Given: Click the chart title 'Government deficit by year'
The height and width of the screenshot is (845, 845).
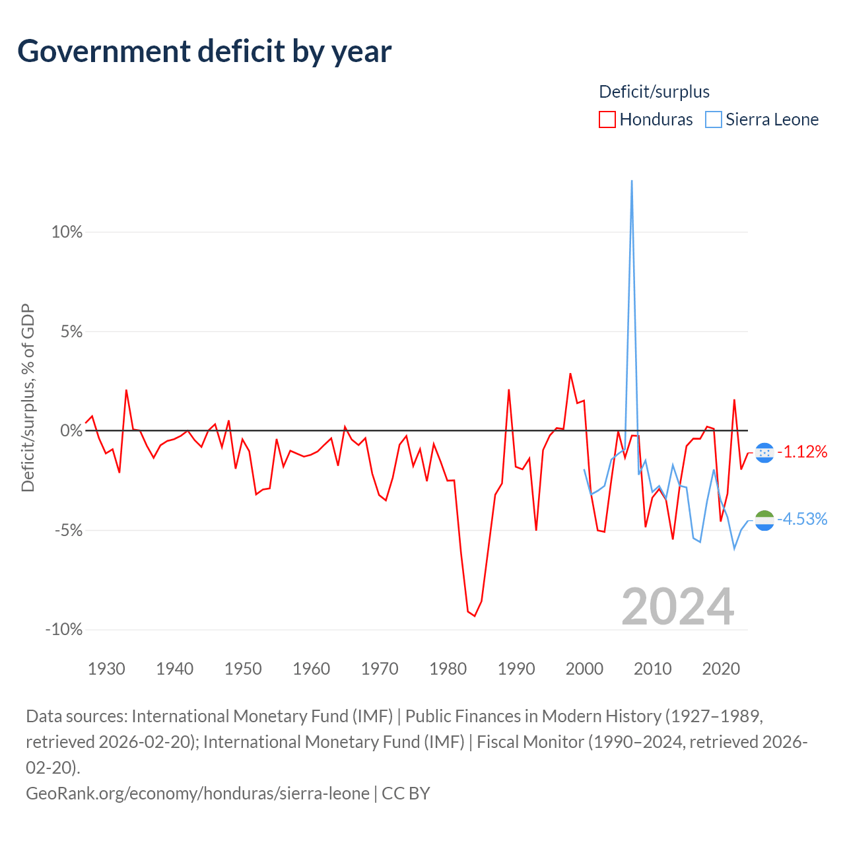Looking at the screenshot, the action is click(204, 51).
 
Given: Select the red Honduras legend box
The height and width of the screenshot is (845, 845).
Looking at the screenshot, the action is click(607, 119).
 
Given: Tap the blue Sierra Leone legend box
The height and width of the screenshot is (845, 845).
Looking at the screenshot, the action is click(713, 119).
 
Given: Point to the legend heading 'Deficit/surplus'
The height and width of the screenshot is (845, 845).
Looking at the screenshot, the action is click(654, 92).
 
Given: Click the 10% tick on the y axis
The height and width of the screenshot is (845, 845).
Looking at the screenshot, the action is click(67, 232).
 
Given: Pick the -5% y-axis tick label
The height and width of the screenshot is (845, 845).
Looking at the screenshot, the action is click(69, 530).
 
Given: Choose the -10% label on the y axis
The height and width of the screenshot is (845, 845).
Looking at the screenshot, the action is click(64, 629).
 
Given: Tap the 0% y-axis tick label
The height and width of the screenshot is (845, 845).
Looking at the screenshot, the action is click(71, 430).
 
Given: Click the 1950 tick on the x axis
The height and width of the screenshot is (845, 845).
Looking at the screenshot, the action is click(243, 669).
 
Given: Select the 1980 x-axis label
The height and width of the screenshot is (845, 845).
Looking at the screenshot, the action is click(448, 669).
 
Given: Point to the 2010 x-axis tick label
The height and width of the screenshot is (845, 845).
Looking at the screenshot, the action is click(652, 669).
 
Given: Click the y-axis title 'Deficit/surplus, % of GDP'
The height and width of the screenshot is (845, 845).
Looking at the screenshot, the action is click(28, 397).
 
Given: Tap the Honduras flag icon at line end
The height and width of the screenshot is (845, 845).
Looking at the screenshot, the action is click(764, 453).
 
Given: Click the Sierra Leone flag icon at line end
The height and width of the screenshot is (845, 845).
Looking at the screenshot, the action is click(764, 520).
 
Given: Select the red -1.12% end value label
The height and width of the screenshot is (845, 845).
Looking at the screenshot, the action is click(802, 452).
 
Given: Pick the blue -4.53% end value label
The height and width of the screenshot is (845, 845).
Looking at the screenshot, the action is click(802, 519).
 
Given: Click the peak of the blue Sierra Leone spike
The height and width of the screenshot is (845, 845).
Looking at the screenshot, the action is click(632, 181).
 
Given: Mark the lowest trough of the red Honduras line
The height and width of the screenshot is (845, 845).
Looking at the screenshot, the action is click(475, 616).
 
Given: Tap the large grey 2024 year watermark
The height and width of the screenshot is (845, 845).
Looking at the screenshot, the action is click(677, 607).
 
